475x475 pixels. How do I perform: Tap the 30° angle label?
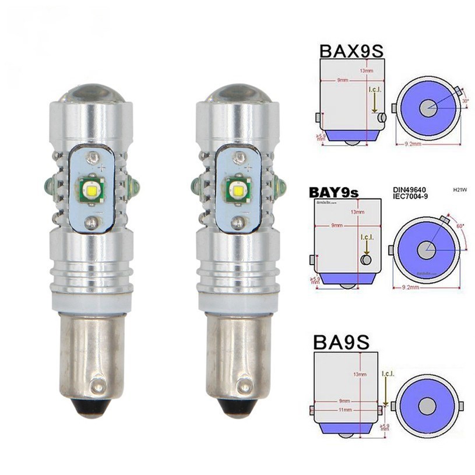point(464,100)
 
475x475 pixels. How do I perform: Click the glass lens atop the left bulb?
point(90,86)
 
